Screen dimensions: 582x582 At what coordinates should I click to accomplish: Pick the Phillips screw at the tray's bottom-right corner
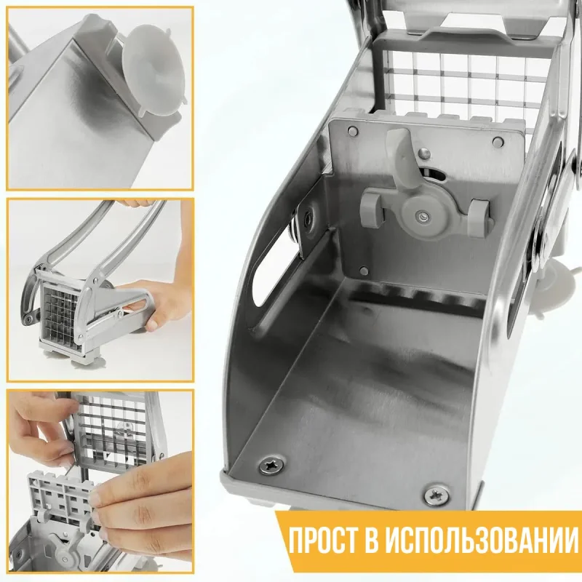[x=436, y=495]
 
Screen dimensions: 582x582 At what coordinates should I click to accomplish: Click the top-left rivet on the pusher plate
[x=353, y=131]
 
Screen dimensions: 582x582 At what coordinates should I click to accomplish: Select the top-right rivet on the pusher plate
[x=498, y=141]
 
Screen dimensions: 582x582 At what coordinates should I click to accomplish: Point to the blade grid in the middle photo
[x=59, y=313]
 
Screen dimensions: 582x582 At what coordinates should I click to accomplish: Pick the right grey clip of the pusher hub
[x=480, y=218]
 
